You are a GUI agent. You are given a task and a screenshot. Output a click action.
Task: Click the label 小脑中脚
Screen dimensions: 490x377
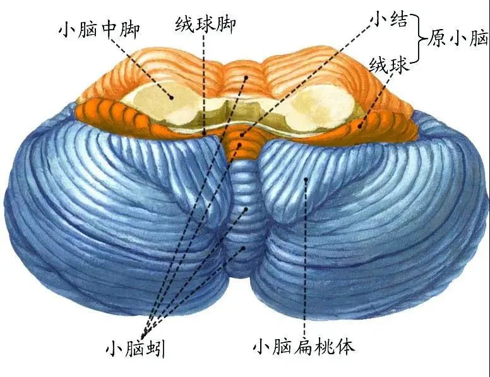(99, 30)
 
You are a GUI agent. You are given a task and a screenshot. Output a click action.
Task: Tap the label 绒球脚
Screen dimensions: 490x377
(205, 24)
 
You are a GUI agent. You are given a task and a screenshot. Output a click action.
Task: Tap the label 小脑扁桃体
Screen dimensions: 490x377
(304, 347)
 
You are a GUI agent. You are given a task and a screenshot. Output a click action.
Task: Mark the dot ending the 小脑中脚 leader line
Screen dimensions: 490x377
(171, 97)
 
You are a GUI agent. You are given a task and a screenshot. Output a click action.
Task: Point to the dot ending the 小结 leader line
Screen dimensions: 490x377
(242, 135)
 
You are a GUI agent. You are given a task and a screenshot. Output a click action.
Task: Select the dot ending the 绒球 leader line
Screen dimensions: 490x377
(360, 126)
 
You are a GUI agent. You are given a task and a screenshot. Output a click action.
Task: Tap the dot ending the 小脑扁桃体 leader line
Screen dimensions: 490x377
(306, 179)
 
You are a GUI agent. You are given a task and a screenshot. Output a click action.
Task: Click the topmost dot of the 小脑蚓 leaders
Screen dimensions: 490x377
(246, 77)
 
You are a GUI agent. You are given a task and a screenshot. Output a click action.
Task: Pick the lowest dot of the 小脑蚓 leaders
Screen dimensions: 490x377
(242, 248)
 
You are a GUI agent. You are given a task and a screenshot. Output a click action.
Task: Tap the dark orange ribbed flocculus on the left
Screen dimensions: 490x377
(116, 115)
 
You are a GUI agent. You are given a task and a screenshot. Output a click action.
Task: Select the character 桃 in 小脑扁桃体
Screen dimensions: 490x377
(325, 347)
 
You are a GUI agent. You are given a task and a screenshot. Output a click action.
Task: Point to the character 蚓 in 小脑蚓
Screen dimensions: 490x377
(155, 349)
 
